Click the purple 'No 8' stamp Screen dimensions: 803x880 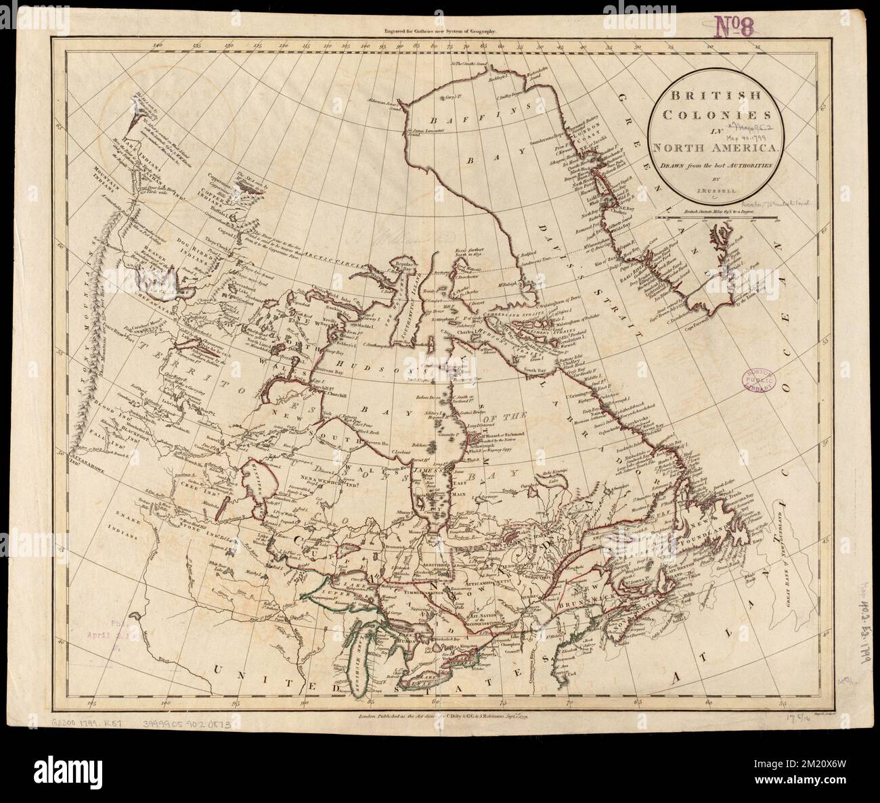point(739,28)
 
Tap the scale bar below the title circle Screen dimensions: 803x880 point(720,218)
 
